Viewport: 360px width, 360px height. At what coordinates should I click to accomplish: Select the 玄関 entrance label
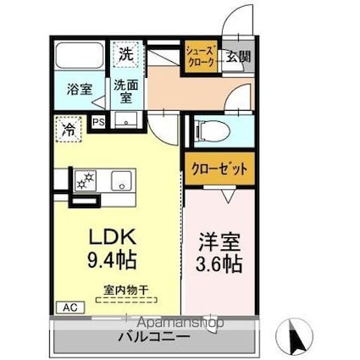[x=238, y=58]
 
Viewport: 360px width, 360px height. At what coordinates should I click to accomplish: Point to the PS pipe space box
[x=99, y=121]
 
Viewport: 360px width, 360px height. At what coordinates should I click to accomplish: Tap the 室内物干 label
[x=125, y=290]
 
